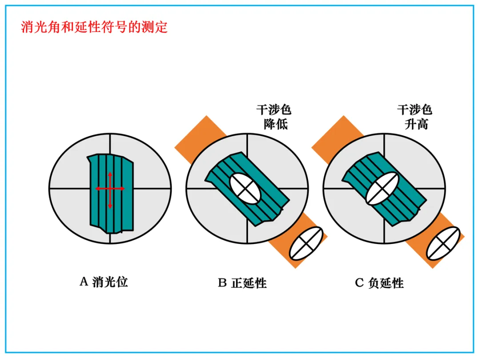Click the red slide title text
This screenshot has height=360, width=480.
94,27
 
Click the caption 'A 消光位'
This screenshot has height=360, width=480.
104,282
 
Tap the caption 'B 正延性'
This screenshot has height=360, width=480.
242,283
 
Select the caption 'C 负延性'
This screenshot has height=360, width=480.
379,283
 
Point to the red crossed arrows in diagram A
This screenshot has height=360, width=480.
110,189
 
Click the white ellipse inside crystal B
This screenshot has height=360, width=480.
245,188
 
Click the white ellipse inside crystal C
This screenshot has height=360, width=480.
382,188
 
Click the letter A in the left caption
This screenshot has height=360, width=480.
84,282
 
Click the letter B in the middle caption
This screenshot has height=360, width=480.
222,283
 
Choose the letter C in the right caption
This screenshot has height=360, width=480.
359,283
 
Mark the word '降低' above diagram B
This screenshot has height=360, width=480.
276,124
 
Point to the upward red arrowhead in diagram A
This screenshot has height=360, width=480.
110,174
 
